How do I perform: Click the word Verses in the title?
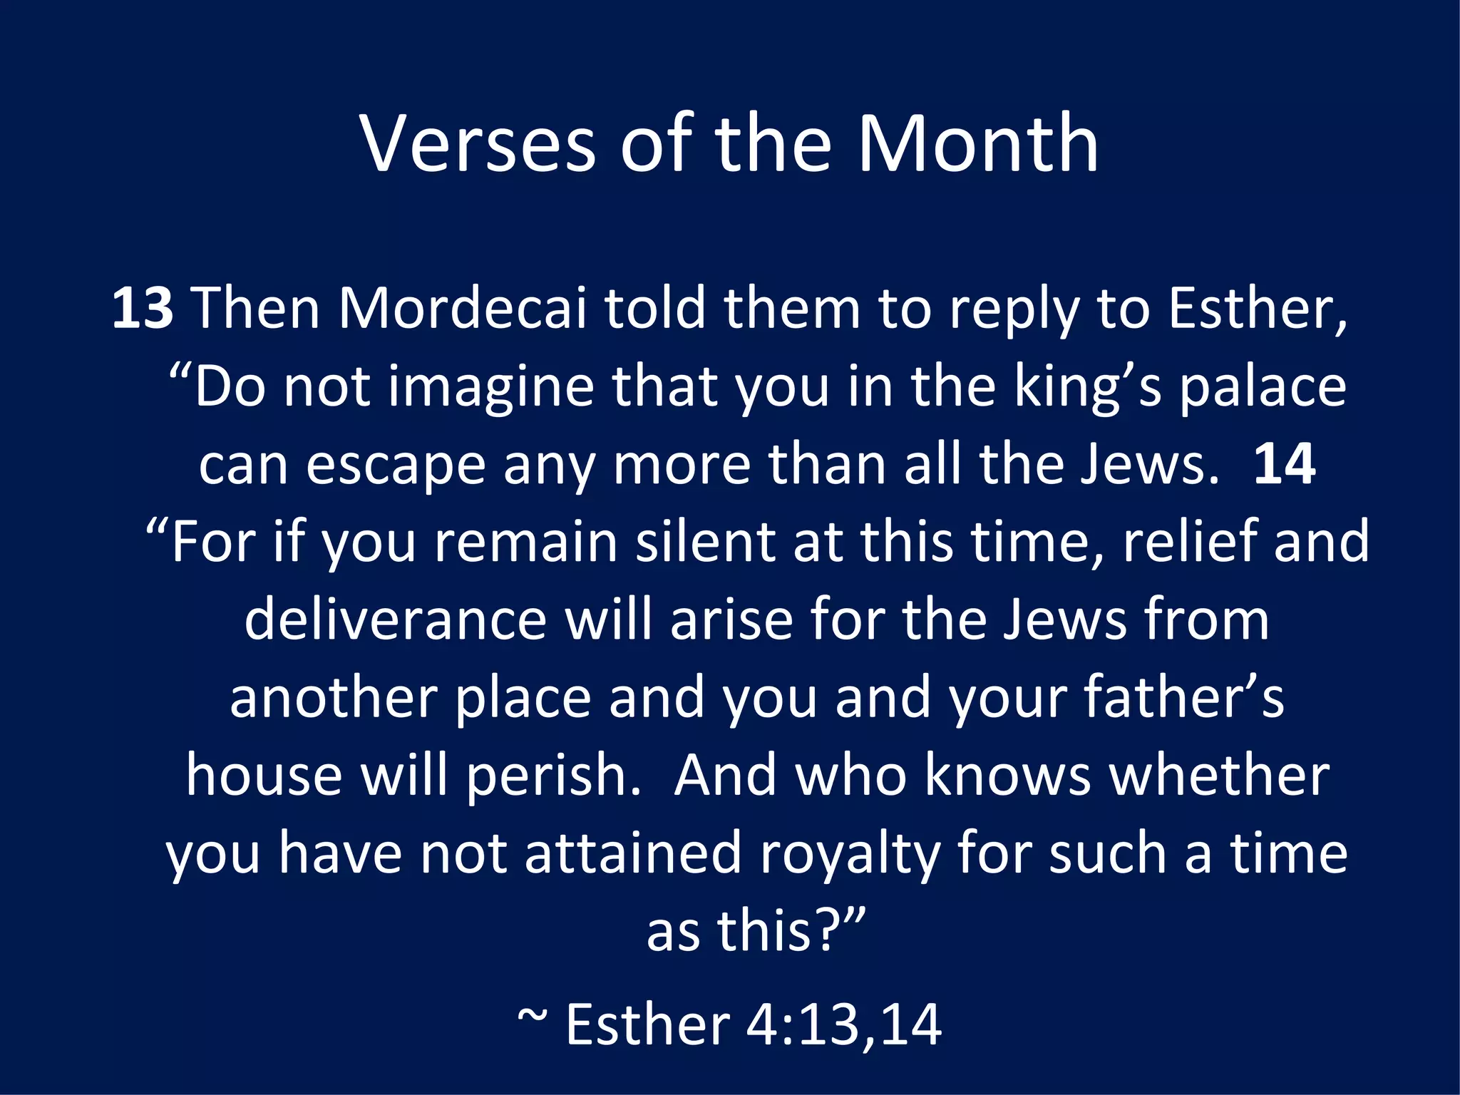pyautogui.click(x=478, y=144)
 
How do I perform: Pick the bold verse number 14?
pyautogui.click(x=1284, y=463)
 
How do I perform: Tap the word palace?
pyautogui.click(x=1263, y=386)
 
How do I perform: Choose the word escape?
pyautogui.click(x=396, y=465)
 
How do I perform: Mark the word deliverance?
pyautogui.click(x=396, y=620)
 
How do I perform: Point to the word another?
pyautogui.click(x=333, y=697)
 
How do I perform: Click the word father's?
pyautogui.click(x=1184, y=697)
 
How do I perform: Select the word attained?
pyautogui.click(x=634, y=853)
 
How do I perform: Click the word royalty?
pyautogui.click(x=849, y=853)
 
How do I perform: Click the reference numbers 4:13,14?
pyautogui.click(x=844, y=1025)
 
